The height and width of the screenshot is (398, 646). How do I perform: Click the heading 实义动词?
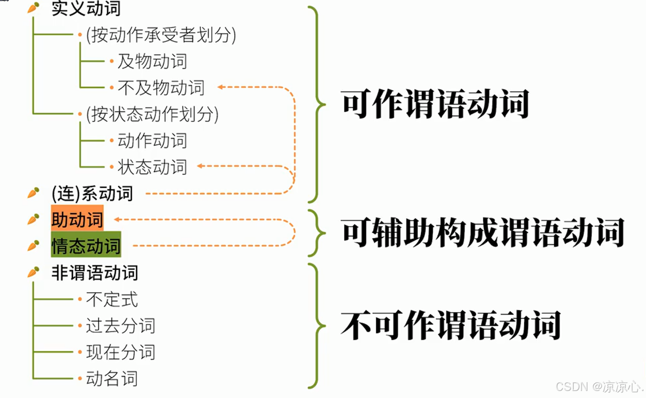[x=86, y=9]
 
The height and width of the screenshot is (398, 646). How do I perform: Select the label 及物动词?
[x=152, y=61]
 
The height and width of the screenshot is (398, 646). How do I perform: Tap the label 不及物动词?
[x=161, y=88]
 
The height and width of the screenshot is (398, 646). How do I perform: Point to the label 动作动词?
[x=152, y=141]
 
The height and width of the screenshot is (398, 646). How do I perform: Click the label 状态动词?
[x=152, y=167]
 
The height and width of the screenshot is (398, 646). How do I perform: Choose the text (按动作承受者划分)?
[x=161, y=35]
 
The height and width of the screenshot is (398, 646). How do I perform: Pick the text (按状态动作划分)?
[x=152, y=114]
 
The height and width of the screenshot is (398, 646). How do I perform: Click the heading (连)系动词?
[x=92, y=193]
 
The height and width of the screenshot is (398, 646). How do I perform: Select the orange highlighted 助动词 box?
[x=77, y=219]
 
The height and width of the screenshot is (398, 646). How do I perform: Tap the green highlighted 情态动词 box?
[x=86, y=245]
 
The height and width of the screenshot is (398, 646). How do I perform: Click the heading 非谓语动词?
[x=95, y=273]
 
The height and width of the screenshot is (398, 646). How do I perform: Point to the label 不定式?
[x=112, y=299]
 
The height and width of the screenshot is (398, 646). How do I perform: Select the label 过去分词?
[x=120, y=326]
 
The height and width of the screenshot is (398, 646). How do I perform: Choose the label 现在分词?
[x=120, y=352]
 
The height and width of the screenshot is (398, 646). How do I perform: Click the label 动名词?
[x=112, y=379]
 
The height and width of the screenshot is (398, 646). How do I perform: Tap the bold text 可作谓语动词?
[x=435, y=104]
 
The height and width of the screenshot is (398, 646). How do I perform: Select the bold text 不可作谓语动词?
[x=451, y=325]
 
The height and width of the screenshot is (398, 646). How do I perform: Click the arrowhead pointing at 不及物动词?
[x=220, y=87]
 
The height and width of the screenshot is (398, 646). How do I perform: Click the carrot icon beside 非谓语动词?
[x=34, y=272]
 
